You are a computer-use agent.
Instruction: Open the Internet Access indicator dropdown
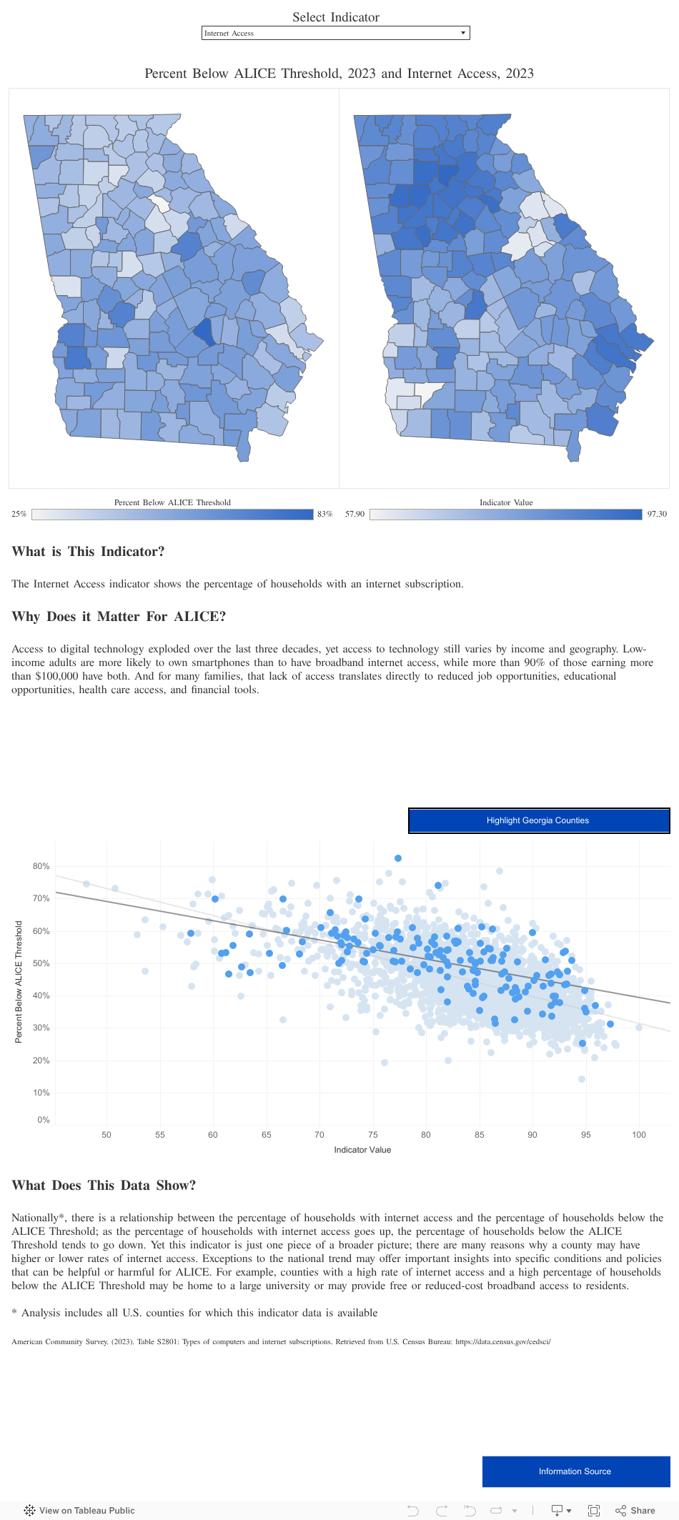tap(335, 33)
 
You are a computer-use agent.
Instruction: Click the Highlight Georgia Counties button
tap(538, 820)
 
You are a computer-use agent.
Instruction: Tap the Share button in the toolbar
tap(635, 1510)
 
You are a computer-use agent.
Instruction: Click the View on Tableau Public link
tap(79, 1510)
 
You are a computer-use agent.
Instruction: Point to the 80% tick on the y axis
tap(41, 866)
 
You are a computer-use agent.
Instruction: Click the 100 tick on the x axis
tap(639, 1134)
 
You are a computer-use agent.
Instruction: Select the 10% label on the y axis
tap(41, 1093)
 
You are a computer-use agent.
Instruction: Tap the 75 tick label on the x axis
tap(373, 1134)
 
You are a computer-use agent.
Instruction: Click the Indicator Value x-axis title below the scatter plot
tap(362, 1150)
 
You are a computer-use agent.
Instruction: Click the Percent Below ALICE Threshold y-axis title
tap(19, 981)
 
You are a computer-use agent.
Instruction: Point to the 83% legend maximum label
tap(324, 514)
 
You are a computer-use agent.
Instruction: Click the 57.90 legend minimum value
tap(355, 514)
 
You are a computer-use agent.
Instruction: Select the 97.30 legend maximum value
tap(657, 514)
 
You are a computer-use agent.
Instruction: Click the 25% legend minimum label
tap(19, 514)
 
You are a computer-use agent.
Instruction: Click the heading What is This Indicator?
tap(88, 552)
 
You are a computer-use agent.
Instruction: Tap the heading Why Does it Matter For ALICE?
tap(119, 617)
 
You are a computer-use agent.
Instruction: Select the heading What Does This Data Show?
tap(104, 1186)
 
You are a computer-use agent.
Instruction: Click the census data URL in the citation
tap(502, 1341)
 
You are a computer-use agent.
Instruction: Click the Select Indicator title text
tap(336, 17)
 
